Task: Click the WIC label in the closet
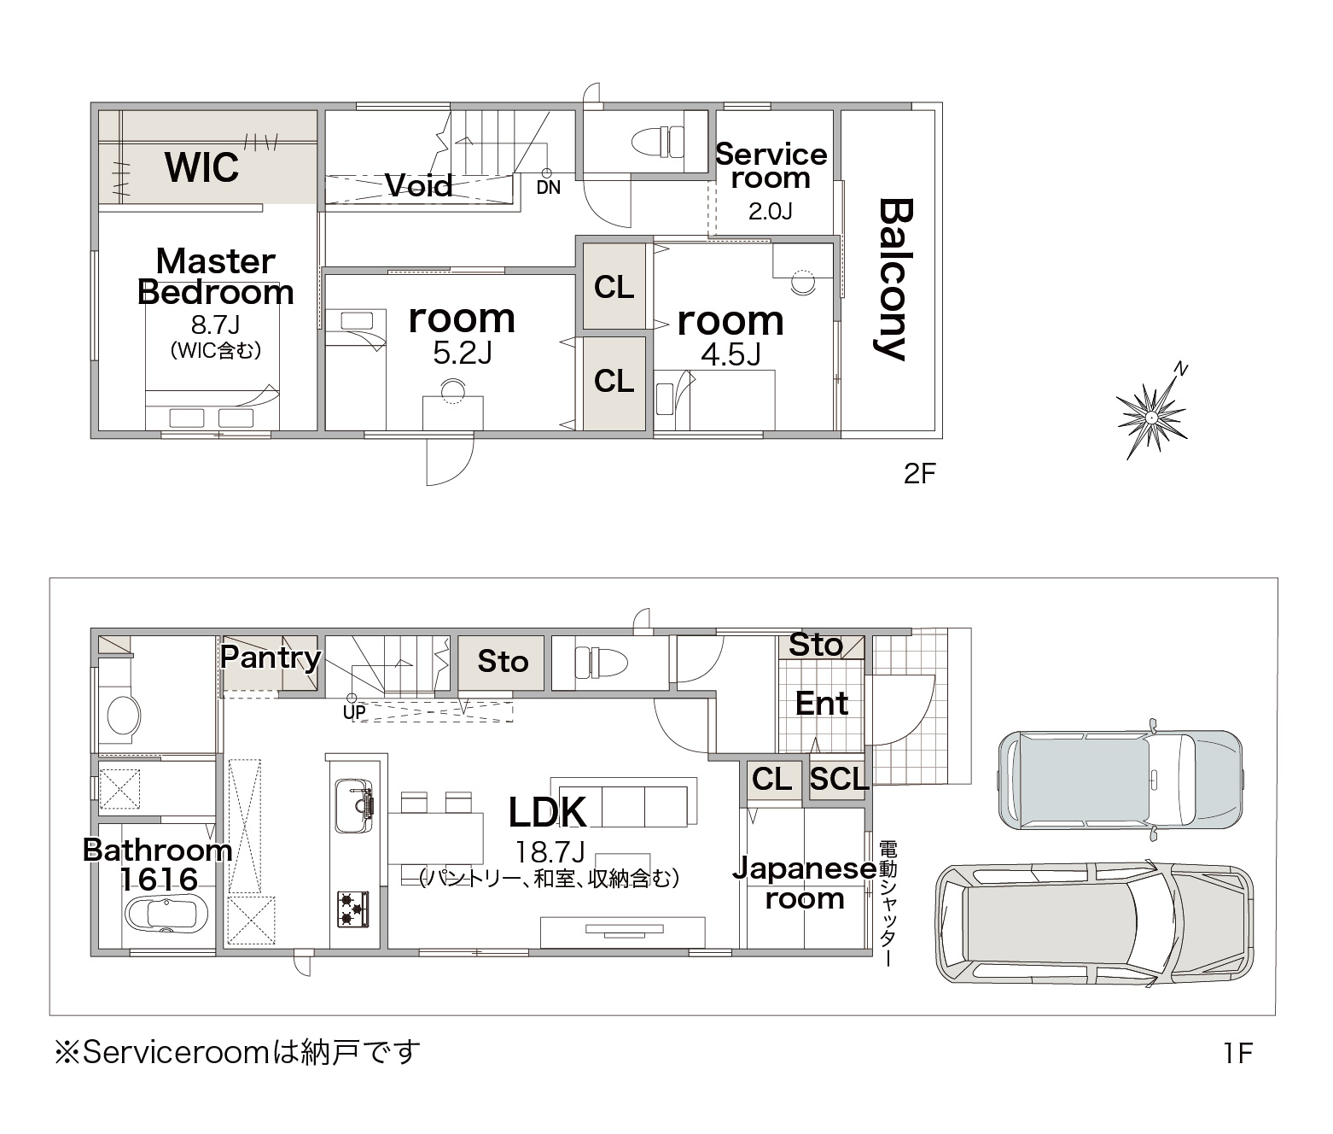pyautogui.click(x=202, y=167)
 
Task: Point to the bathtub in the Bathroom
pyautogui.click(x=166, y=914)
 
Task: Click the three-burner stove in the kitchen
pyautogui.click(x=352, y=909)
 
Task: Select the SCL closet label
pyautogui.click(x=838, y=779)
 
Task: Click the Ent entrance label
pyautogui.click(x=821, y=703)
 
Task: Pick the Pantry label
pyautogui.click(x=271, y=658)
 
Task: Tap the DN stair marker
pyautogui.click(x=548, y=187)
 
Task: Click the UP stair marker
pyautogui.click(x=354, y=712)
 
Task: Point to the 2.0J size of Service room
pyautogui.click(x=770, y=211)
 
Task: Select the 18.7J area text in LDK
pyautogui.click(x=550, y=852)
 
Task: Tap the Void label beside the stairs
pyautogui.click(x=419, y=186)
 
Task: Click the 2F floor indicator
pyautogui.click(x=919, y=474)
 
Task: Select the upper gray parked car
pyautogui.click(x=1121, y=780)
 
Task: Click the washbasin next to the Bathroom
pyautogui.click(x=123, y=714)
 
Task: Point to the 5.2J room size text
pyautogui.click(x=463, y=353)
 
